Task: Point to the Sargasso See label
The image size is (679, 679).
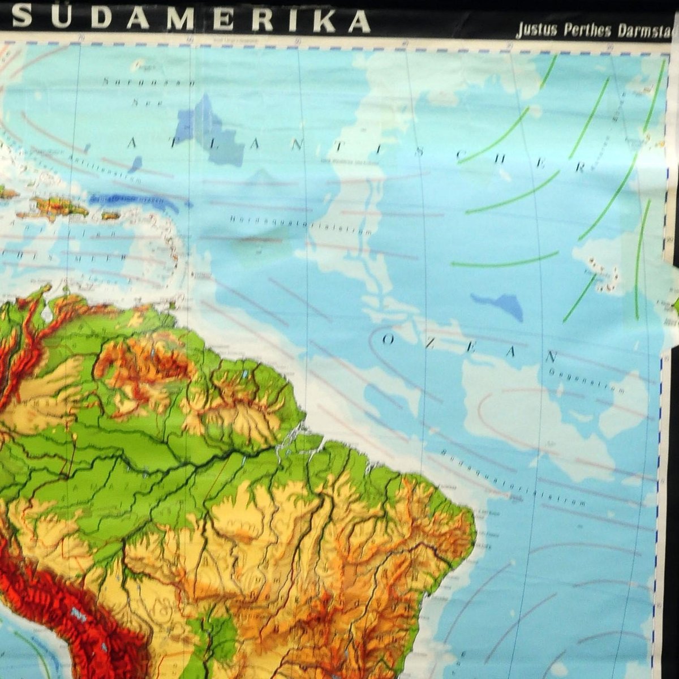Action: click(x=149, y=92)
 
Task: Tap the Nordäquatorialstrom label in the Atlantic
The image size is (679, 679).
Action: click(x=301, y=224)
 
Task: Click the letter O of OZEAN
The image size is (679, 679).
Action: click(x=388, y=339)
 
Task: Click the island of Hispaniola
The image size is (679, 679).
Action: click(x=57, y=207)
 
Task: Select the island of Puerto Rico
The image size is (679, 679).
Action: click(x=111, y=216)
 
